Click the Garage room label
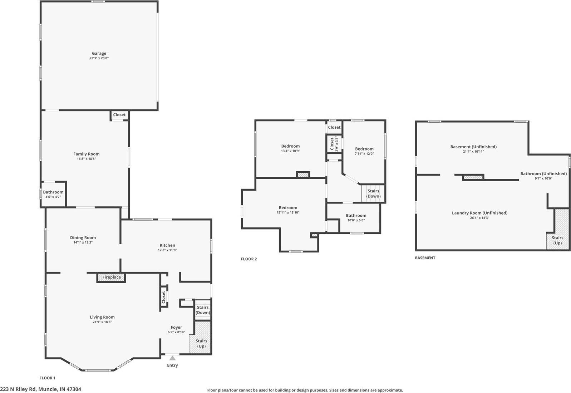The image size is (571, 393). pos(99,54)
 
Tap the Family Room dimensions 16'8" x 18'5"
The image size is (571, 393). pos(87,159)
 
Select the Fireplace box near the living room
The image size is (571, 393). pos(111,277)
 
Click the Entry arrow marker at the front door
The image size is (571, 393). pos(172,358)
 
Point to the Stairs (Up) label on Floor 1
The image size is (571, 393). pos(201,343)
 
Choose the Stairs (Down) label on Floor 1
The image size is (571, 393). pos(203,310)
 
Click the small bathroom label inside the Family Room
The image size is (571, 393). pos(53,192)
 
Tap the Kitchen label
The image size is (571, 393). pos(167,245)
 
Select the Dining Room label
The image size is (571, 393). pos(83,237)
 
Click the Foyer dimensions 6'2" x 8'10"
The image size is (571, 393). pos(176,332)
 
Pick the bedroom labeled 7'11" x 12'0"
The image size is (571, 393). pos(364,149)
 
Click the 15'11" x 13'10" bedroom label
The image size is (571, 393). pos(288,208)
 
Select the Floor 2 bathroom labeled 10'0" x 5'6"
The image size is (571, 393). pos(356,216)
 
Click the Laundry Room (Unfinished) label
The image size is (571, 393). pos(479,213)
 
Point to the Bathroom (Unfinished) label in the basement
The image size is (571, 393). pos(543,174)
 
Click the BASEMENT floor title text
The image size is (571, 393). pos(425,258)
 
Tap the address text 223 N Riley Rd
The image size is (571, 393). pos(40,389)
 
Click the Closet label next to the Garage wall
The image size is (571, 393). pos(119,115)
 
